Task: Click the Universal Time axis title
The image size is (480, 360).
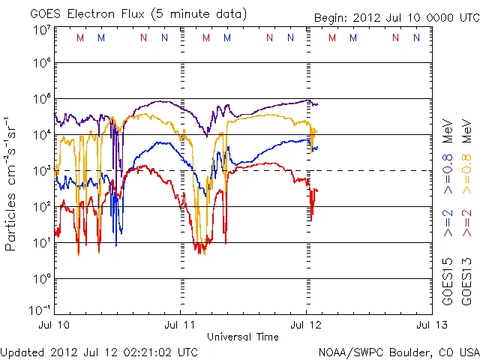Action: (243, 337)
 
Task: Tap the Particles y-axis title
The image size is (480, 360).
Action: (12, 184)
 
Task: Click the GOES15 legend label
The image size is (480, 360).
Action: (448, 282)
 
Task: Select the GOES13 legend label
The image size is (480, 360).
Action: (467, 282)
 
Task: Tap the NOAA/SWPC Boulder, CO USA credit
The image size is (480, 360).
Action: (398, 351)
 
